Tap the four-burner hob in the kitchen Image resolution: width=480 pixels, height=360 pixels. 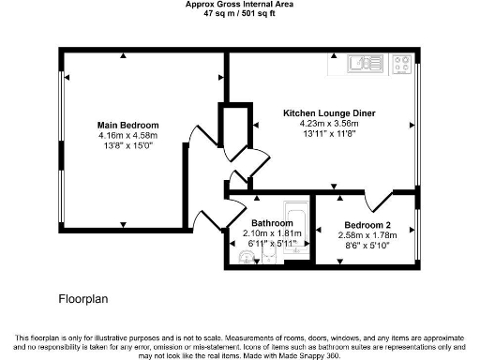tap(403, 65)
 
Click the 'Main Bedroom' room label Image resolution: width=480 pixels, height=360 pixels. tap(128, 125)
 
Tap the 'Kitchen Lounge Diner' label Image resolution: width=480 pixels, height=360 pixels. tap(329, 112)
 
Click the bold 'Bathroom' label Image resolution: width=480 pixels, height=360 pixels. tap(272, 223)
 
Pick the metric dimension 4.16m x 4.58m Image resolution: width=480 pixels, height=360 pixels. tap(128, 135)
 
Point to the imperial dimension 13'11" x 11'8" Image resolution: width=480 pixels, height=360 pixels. tap(329, 133)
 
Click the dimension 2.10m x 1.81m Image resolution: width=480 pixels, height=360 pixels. tap(272, 233)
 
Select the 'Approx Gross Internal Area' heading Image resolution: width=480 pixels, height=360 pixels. tap(239, 6)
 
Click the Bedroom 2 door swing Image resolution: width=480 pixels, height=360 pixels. tap(378, 200)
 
